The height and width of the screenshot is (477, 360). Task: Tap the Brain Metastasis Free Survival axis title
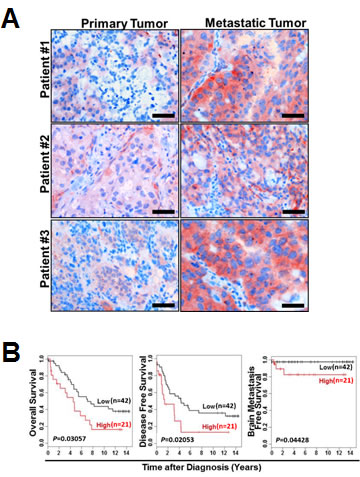tap(252, 398)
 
